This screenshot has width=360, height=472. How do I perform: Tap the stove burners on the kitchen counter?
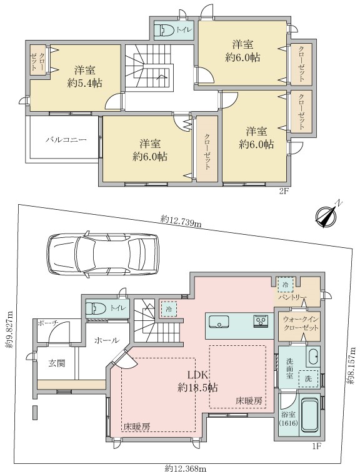click(x=260, y=322)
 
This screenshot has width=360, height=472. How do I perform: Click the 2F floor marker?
click(x=284, y=192)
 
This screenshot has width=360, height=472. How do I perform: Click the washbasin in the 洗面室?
click(x=313, y=357)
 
